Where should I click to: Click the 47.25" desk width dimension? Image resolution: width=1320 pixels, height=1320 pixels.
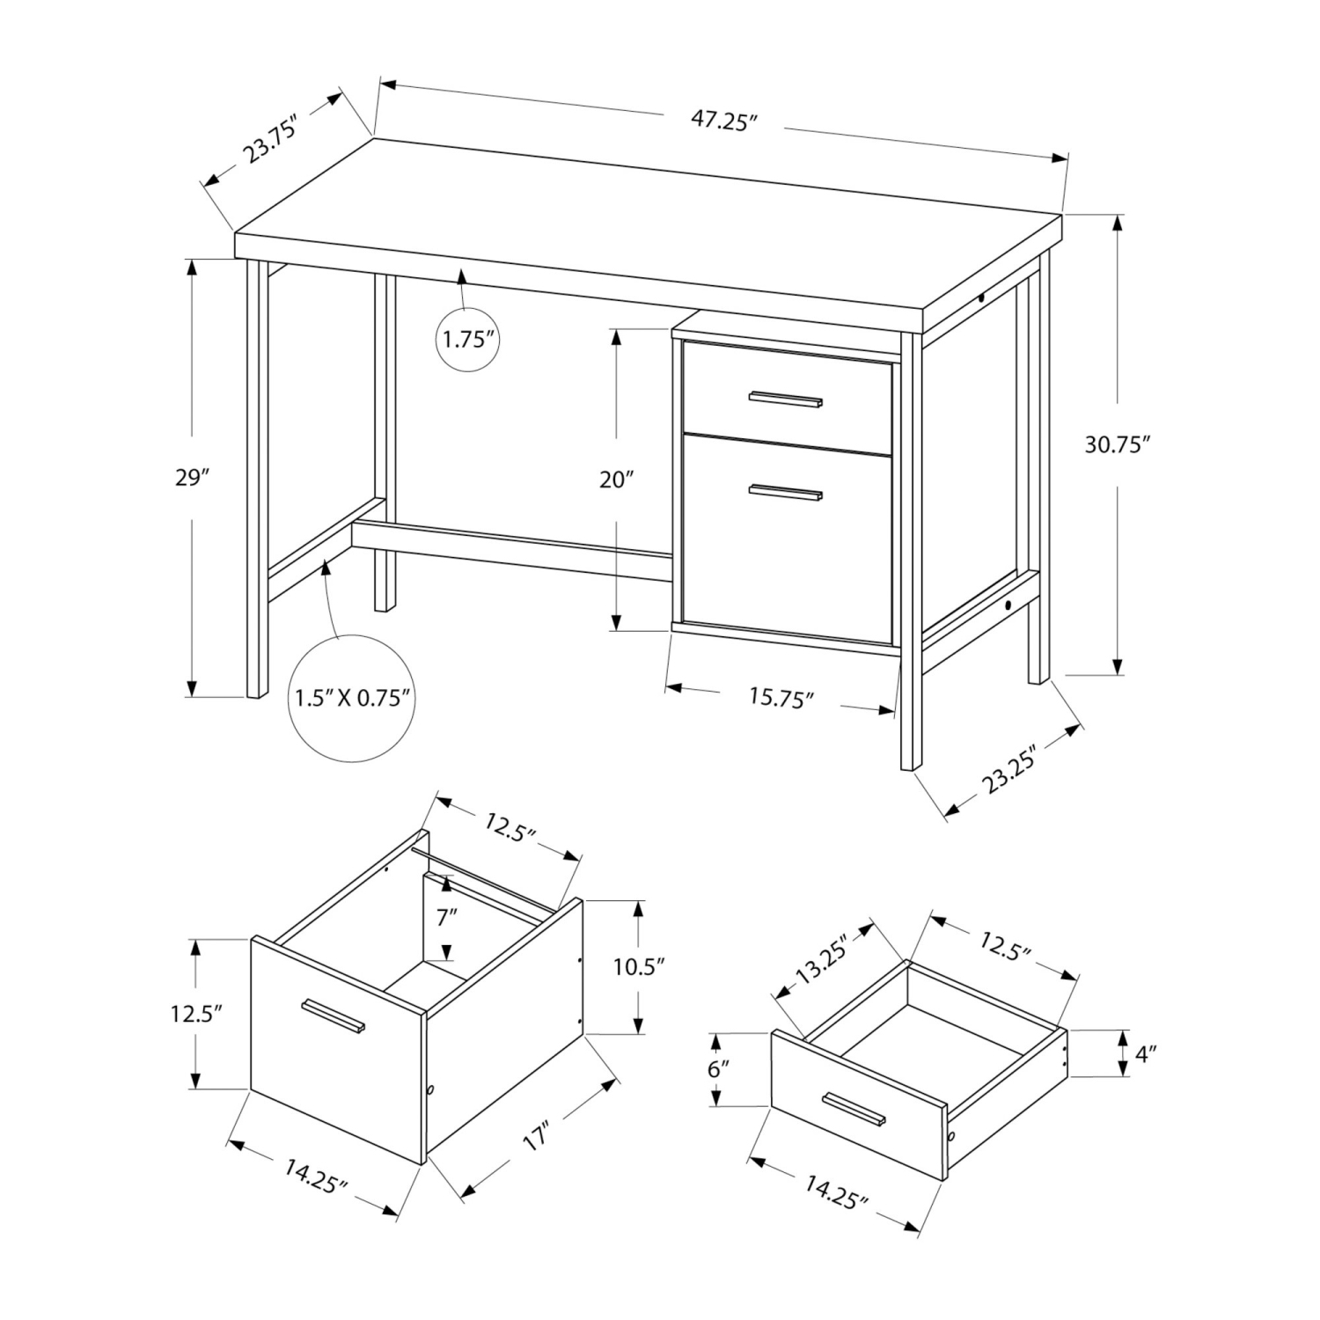click(723, 121)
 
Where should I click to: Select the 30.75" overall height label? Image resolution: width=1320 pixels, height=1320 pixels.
click(1117, 445)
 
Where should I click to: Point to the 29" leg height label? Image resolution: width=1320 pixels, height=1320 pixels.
click(192, 478)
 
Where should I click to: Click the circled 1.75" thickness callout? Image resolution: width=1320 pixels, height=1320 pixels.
click(469, 339)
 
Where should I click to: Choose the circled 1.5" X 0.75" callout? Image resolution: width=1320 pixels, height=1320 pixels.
click(353, 699)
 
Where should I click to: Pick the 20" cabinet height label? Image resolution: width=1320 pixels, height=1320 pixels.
click(617, 480)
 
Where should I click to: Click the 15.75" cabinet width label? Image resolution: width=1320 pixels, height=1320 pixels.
click(781, 698)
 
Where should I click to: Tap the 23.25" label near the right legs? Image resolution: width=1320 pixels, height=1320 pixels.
click(1012, 768)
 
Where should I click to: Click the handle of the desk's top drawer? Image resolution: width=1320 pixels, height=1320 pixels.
click(785, 400)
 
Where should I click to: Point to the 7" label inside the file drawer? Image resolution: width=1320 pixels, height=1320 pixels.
click(447, 918)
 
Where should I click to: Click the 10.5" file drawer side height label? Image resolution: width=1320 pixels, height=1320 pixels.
click(638, 966)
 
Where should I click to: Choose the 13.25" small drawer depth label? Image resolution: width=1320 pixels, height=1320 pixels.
click(824, 962)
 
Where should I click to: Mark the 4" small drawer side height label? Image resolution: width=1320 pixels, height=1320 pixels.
click(1143, 1053)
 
